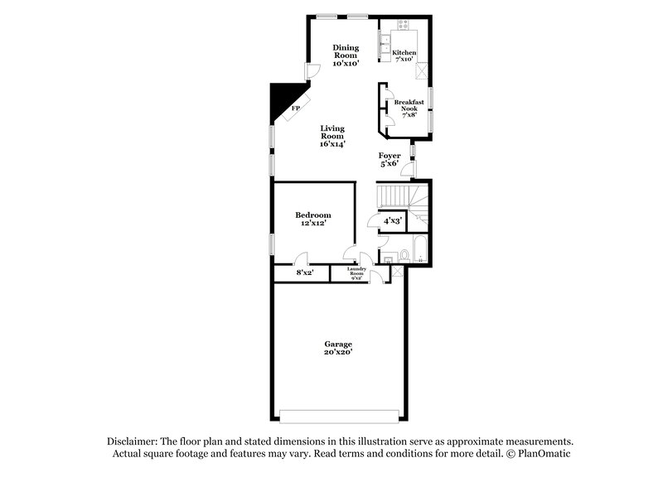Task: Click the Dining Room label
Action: (346, 54)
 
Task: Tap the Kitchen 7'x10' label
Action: (404, 56)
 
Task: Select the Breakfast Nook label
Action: (409, 108)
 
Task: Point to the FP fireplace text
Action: (294, 108)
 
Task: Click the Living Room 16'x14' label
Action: (332, 136)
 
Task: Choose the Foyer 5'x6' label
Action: (390, 159)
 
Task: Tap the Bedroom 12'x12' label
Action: (313, 219)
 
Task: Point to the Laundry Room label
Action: (356, 273)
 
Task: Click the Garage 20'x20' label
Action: (338, 348)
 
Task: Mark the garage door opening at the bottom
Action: (338, 415)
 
